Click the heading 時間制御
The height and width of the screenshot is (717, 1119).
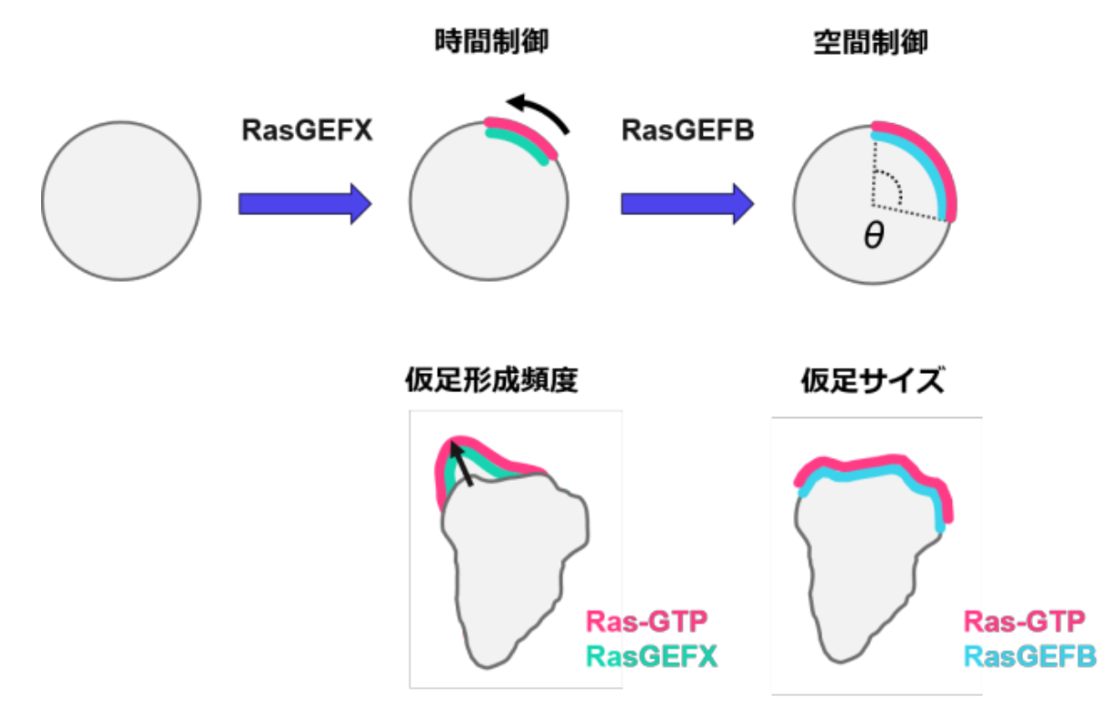click(492, 43)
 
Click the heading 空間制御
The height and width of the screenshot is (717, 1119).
click(870, 43)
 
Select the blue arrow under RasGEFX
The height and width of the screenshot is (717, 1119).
click(305, 203)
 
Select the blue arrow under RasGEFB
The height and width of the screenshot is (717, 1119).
click(687, 203)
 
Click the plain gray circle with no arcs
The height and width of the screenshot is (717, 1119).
click(120, 202)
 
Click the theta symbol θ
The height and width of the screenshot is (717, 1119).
click(873, 239)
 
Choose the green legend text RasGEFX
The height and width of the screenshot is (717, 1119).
click(651, 656)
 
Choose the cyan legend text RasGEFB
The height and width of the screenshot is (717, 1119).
click(1030, 657)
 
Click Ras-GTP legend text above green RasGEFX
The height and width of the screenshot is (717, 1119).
click(646, 623)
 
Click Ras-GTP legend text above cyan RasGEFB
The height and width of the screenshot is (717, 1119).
click(1025, 623)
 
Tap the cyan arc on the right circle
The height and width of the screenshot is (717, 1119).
click(924, 164)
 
